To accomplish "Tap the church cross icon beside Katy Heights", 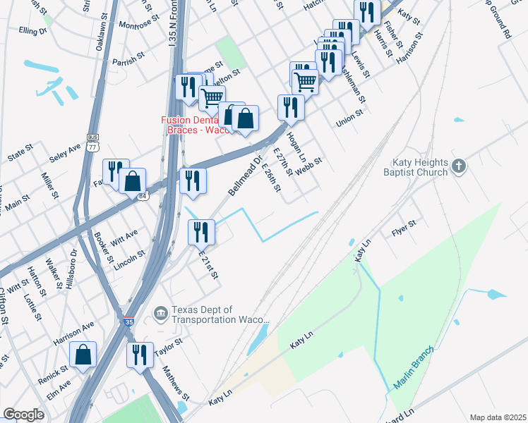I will click(459, 166).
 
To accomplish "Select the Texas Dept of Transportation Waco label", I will click(204, 314).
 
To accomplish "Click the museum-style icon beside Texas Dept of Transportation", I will click(160, 312).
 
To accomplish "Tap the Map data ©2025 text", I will click(498, 417).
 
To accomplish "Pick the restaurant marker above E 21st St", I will click(201, 231).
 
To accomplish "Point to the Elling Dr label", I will click(33, 31).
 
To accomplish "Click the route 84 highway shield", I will click(143, 196).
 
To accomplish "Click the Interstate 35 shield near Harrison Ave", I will click(128, 321).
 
